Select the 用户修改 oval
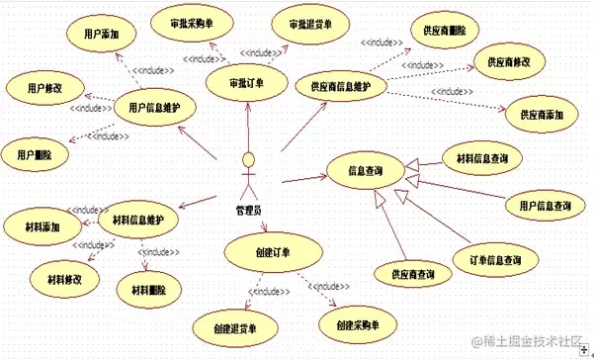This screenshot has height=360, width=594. click(x=41, y=88)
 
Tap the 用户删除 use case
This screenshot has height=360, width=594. click(x=34, y=154)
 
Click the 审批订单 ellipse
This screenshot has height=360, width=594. click(x=246, y=83)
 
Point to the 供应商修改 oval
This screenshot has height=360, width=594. click(x=509, y=61)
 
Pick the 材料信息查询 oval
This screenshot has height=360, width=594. click(x=481, y=157)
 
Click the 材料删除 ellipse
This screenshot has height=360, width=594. click(x=148, y=290)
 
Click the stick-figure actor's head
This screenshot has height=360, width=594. click(x=251, y=159)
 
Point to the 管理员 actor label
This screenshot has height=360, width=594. click(x=249, y=210)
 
